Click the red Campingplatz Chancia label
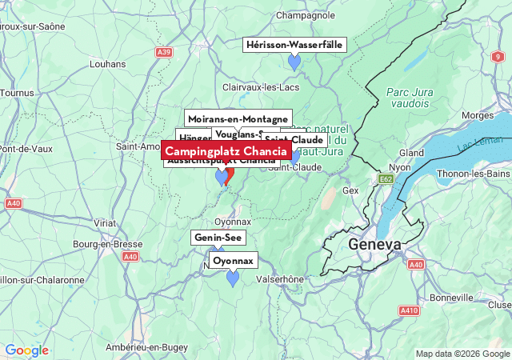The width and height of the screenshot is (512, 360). (x=226, y=151)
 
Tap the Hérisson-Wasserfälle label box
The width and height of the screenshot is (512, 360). (x=294, y=45)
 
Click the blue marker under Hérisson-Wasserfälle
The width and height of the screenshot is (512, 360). (x=294, y=62)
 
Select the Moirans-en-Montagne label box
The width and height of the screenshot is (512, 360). (x=238, y=118)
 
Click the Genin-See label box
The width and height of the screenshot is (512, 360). (x=218, y=238)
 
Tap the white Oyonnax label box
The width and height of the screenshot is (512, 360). (x=234, y=261)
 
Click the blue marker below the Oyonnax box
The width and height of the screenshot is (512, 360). (x=233, y=278)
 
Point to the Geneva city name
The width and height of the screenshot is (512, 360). (x=374, y=244)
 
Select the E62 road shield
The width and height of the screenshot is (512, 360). (x=386, y=178)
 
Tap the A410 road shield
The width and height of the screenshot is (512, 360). (x=410, y=310)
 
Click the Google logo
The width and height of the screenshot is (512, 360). (x=26, y=350)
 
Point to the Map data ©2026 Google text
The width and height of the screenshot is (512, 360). (x=461, y=354)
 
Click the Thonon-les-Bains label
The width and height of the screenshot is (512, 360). (x=474, y=174)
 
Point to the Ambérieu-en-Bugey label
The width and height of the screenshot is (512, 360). (x=147, y=347)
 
